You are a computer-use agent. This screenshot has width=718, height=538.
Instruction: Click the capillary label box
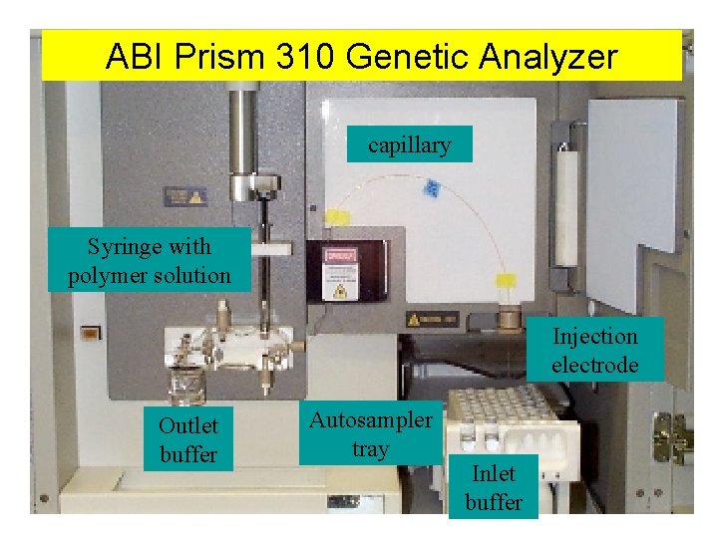coord(409,145)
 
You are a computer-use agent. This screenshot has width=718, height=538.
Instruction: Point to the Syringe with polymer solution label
coord(149,260)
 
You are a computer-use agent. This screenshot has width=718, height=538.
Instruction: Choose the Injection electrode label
coord(594,350)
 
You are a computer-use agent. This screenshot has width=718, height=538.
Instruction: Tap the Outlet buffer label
coord(187,439)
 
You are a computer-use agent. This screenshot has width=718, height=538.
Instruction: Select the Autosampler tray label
coord(370,434)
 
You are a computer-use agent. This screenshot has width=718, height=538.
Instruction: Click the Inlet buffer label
coord(493,487)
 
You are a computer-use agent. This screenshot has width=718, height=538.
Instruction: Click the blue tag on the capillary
coord(432,187)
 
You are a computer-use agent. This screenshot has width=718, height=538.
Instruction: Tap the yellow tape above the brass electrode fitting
coord(508,283)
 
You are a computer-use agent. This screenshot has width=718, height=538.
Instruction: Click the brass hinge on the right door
coord(670,435)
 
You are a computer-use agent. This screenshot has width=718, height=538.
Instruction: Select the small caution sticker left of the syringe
coord(185,196)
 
